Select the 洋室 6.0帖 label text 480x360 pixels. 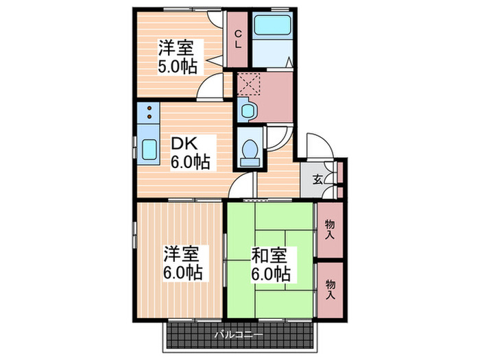182,263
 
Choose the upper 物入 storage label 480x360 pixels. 330,229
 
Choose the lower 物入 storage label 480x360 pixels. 330,289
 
